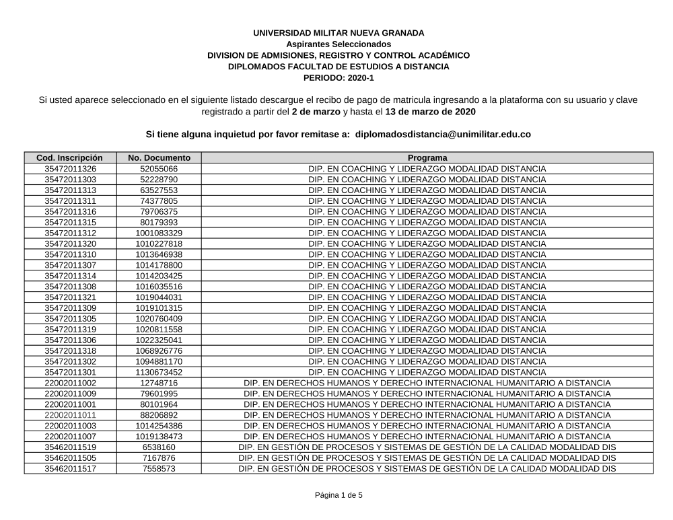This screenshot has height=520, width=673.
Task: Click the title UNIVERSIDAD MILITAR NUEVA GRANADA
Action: pos(339,33)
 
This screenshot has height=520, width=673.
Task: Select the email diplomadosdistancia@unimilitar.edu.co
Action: pos(443,135)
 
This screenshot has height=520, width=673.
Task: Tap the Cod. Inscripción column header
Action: pos(70,158)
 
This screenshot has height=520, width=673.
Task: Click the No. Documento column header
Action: pos(159,158)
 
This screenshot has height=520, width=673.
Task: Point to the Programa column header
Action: pos(427,158)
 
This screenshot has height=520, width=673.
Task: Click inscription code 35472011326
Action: pos(70,169)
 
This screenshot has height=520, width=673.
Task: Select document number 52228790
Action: pos(159,180)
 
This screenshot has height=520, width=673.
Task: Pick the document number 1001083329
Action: pos(159,233)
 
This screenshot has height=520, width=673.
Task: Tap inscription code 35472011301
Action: pos(70,372)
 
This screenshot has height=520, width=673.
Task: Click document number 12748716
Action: pos(159,383)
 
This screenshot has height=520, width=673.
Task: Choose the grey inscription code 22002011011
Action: pos(70,415)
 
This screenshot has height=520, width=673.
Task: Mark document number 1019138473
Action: pos(159,437)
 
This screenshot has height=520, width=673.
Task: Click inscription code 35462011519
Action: pos(70,447)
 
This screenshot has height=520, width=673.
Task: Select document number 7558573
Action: pos(159,469)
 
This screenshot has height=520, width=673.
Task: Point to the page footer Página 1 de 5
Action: pos(339,496)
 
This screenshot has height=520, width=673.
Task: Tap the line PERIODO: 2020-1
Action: pos(339,78)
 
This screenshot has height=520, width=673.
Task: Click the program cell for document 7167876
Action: pos(427,458)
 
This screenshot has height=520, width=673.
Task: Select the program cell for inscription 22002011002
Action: pos(427,383)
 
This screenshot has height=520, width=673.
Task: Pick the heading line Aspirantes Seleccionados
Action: pos(339,44)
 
